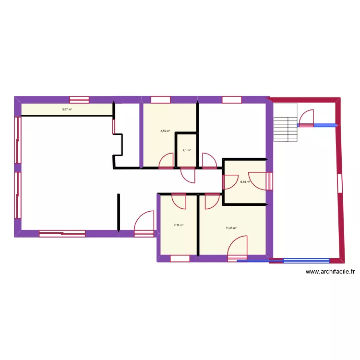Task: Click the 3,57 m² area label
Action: coord(67,109)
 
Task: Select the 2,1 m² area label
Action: coord(186,150)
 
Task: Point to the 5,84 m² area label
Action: coord(245,182)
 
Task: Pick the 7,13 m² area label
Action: coord(179,224)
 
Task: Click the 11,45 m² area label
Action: coord(231,228)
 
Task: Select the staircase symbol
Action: coord(286,123)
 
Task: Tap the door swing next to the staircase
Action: coord(306,118)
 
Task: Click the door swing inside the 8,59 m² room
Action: coord(167,161)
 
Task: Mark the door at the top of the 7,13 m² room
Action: coord(179,201)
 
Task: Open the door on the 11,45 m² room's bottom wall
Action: coord(238,249)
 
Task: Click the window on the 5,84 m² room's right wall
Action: coord(270,181)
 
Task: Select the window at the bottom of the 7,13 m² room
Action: coord(180,259)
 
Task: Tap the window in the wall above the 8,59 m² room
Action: coord(160,100)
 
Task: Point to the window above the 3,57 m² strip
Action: coord(79,100)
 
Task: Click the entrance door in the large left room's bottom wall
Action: coord(144,223)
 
